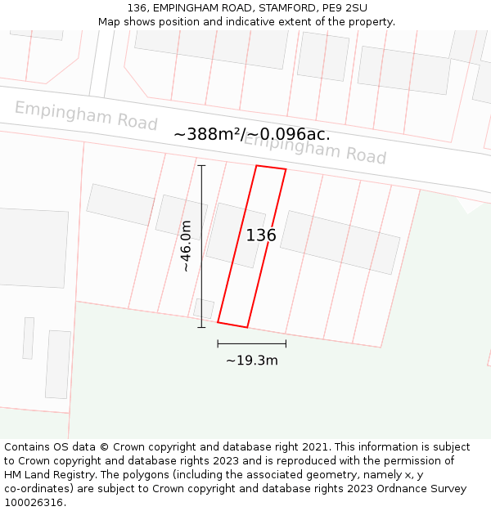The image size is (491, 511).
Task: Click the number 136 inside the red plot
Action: (261, 235)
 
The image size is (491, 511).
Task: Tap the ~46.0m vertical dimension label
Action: (186, 246)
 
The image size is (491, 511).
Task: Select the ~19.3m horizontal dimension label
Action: (252, 361)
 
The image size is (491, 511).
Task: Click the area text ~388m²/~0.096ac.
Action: (252, 135)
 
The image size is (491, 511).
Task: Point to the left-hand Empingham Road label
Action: (86, 115)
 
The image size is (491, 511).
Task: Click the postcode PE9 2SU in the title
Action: (345, 8)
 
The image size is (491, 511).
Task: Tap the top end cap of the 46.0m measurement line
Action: (201, 165)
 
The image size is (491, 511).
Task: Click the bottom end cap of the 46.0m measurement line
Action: (201, 328)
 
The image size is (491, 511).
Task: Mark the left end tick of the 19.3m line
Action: (218, 343)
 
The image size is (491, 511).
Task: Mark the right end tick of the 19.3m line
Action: (286, 343)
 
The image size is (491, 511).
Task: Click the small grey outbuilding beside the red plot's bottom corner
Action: (204, 309)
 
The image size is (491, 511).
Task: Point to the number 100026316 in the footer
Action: (32, 503)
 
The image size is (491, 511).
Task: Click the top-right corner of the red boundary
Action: (286, 170)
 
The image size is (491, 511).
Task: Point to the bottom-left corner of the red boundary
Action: (218, 322)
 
